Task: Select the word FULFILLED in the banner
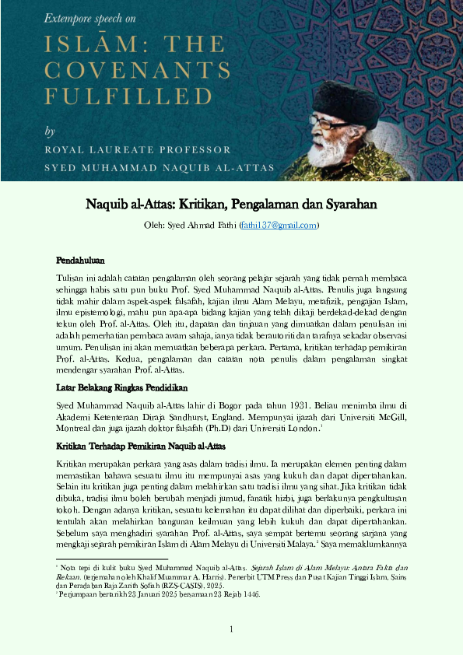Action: [118, 96]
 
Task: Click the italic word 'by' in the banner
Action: [51, 130]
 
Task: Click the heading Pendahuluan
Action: [80, 260]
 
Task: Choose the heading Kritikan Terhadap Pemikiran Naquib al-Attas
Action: [140, 447]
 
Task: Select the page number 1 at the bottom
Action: [231, 629]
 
